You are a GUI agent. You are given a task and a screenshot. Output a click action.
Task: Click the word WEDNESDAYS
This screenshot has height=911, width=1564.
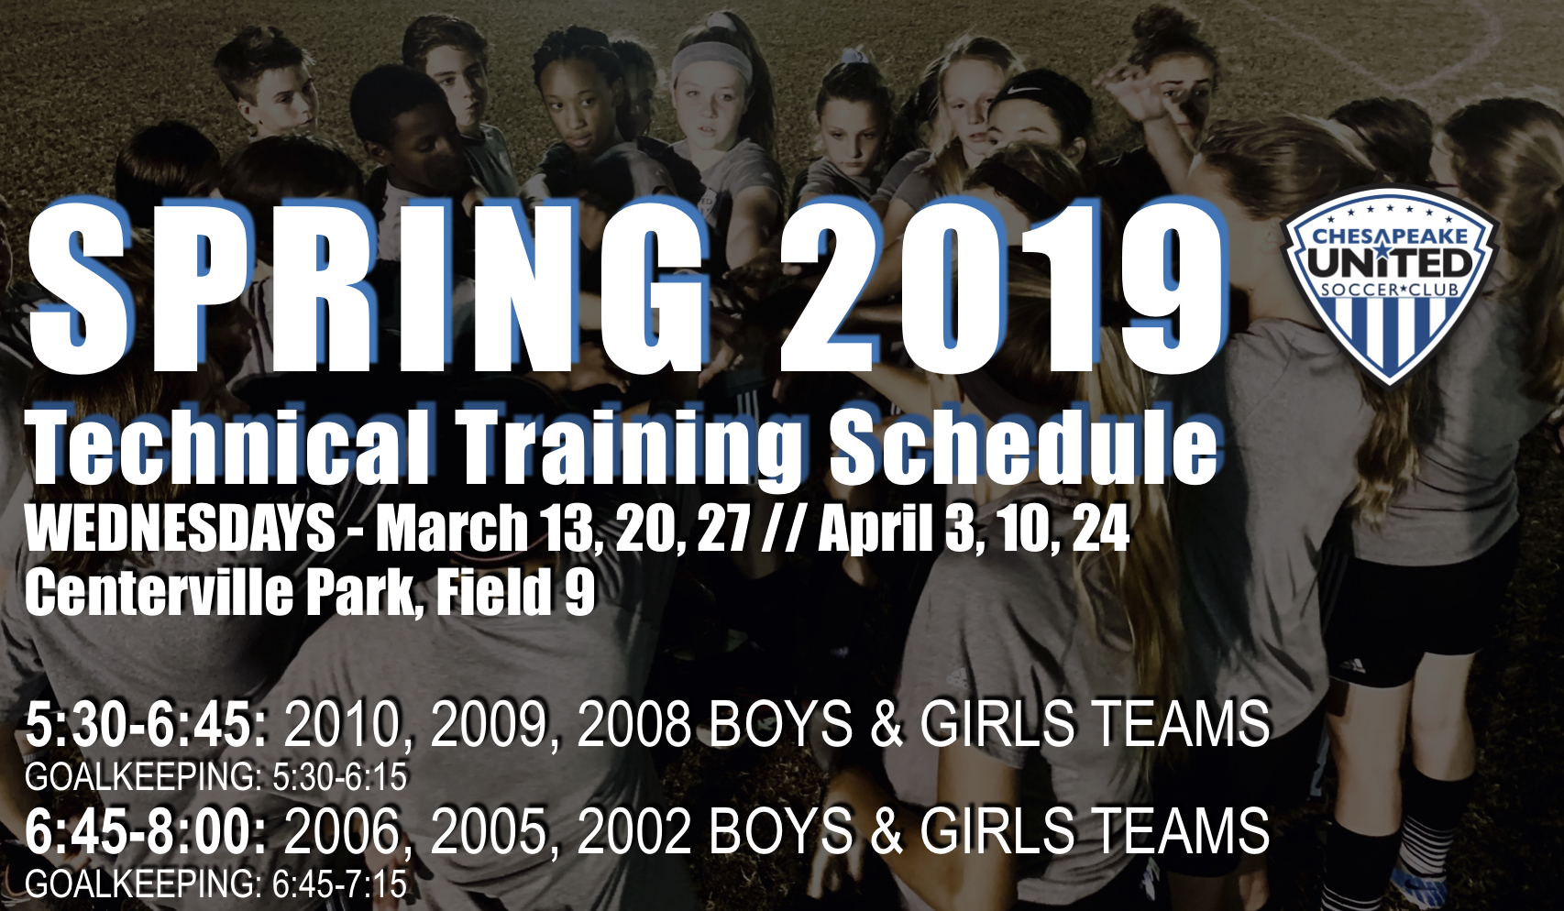click(180, 529)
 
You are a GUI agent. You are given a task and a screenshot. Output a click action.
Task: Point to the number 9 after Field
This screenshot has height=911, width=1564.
click(579, 593)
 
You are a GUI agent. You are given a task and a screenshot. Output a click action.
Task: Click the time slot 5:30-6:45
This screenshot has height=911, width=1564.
click(147, 725)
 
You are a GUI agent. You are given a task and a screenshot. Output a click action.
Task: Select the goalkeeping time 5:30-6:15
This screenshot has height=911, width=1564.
click(339, 778)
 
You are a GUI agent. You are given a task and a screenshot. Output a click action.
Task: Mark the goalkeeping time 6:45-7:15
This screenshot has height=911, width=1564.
click(339, 884)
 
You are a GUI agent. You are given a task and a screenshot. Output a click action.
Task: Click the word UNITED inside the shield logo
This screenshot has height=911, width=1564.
click(1390, 264)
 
